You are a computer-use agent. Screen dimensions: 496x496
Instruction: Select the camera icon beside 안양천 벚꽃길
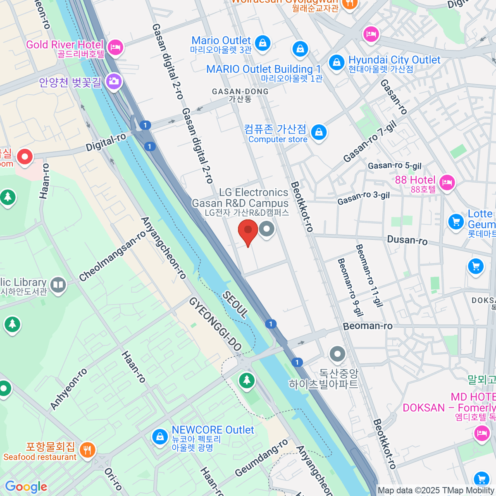tap(113, 81)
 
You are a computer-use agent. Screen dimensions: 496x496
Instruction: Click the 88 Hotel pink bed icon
tap(447, 182)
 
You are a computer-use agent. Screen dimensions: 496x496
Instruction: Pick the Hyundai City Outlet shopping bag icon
tap(336, 63)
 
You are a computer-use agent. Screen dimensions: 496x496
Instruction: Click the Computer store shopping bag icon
tap(319, 133)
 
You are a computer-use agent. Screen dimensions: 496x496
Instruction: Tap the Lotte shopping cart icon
tap(456, 222)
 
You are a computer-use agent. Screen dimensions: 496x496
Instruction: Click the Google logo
tap(26, 487)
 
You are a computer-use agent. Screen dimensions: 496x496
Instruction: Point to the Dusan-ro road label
tap(407, 240)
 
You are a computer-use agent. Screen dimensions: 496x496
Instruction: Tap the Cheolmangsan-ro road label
tap(112, 256)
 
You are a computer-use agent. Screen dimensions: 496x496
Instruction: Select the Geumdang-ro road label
tap(261, 458)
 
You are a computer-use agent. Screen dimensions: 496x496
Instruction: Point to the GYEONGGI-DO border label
tap(215, 324)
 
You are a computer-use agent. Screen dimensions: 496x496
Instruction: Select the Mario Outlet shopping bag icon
tap(262, 42)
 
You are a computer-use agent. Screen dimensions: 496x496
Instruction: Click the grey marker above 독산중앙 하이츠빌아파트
tap(338, 354)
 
